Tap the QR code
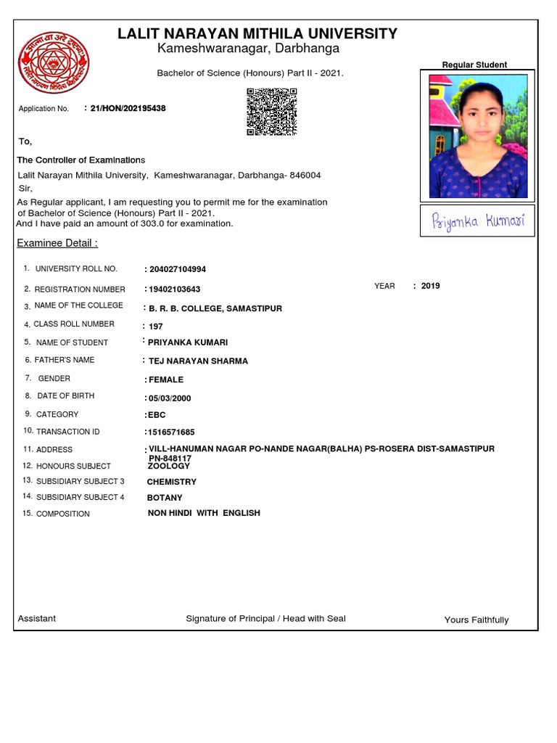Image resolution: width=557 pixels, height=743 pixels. pyautogui.click(x=272, y=112)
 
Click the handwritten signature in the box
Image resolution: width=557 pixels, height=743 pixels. pyautogui.click(x=478, y=221)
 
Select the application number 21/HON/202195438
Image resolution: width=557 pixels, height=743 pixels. pyautogui.click(x=128, y=108)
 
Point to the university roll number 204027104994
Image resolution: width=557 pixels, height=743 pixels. pyautogui.click(x=177, y=269)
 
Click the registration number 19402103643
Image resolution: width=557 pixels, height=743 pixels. pyautogui.click(x=174, y=289)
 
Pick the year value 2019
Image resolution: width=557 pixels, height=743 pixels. pyautogui.click(x=430, y=286)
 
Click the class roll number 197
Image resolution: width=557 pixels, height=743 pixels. pyautogui.click(x=155, y=327)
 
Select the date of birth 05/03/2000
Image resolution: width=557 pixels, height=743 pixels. pyautogui.click(x=170, y=398)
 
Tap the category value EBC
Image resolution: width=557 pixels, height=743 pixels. pyautogui.click(x=157, y=415)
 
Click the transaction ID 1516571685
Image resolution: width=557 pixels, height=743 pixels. pyautogui.click(x=171, y=432)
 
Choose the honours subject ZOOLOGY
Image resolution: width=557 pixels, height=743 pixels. pyautogui.click(x=168, y=467)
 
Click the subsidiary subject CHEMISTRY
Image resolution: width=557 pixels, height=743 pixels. pyautogui.click(x=171, y=482)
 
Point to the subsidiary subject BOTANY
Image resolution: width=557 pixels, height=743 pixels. pyautogui.click(x=165, y=498)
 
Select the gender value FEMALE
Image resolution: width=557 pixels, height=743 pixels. pyautogui.click(x=165, y=379)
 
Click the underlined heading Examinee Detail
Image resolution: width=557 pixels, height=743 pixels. pyautogui.click(x=57, y=243)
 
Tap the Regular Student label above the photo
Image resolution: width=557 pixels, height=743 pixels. pyautogui.click(x=474, y=65)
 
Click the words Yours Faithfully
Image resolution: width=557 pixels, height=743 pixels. pyautogui.click(x=476, y=620)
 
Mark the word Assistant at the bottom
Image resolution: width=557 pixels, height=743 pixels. pyautogui.click(x=36, y=619)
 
